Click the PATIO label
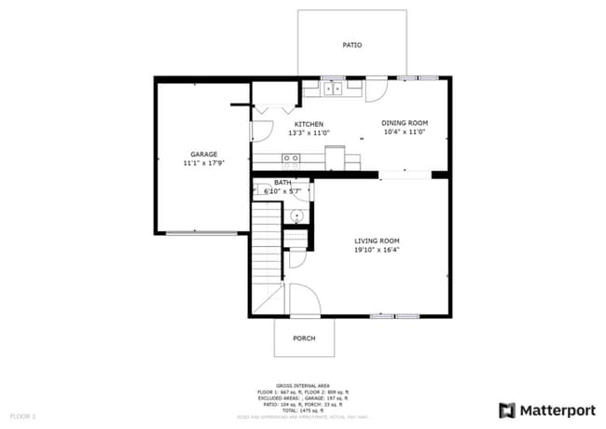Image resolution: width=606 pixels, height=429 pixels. point(351,45)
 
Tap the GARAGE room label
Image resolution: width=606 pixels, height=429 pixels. point(203,154)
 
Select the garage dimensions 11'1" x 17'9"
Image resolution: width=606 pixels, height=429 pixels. point(203,163)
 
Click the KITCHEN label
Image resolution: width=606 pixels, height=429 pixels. point(309,124)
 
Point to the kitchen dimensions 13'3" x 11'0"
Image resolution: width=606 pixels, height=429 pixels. point(309,132)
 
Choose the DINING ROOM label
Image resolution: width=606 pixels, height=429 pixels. point(405,123)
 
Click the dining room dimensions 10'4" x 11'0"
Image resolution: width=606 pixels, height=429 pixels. point(405,132)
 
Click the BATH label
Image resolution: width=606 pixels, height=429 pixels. point(282,183)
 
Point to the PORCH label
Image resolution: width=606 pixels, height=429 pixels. point(303,339)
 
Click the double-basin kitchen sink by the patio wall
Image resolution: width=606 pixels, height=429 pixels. point(334,90)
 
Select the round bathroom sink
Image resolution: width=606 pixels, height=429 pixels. point(296,215)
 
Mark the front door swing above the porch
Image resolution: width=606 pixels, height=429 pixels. point(303,300)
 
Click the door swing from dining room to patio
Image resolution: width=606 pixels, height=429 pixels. point(377,90)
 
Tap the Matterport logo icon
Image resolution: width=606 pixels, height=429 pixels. point(507,409)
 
